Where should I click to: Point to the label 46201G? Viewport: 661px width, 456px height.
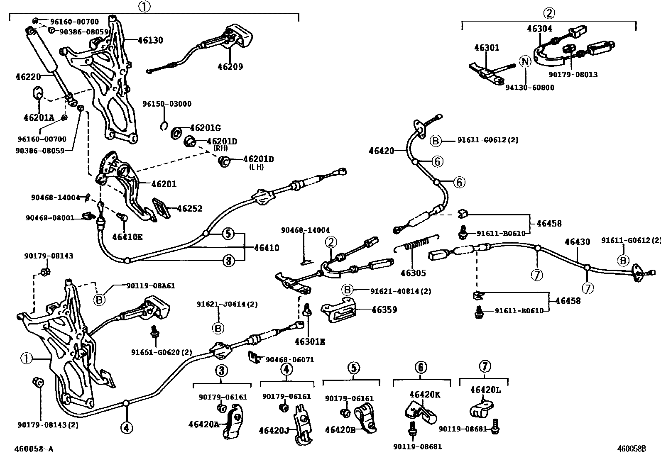tap(205, 128)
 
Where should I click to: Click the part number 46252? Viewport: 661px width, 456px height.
tap(190, 208)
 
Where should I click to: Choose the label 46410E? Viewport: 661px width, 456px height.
tap(127, 237)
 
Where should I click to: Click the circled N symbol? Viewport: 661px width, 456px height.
tap(526, 62)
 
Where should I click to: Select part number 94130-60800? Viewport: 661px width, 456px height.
tap(529, 88)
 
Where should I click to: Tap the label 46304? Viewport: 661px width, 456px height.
tap(539, 29)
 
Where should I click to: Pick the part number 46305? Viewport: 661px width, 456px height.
tap(413, 273)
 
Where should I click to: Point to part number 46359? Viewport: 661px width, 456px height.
tap(384, 310)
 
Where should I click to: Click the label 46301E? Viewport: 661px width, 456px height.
tap(310, 342)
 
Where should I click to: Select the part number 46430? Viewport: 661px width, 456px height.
tap(577, 241)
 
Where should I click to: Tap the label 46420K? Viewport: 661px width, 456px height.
tap(424, 394)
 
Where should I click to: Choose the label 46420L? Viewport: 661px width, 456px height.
tap(486, 390)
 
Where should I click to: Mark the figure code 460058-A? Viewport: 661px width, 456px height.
tap(34, 449)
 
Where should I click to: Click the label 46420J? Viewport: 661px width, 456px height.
tap(274, 430)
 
